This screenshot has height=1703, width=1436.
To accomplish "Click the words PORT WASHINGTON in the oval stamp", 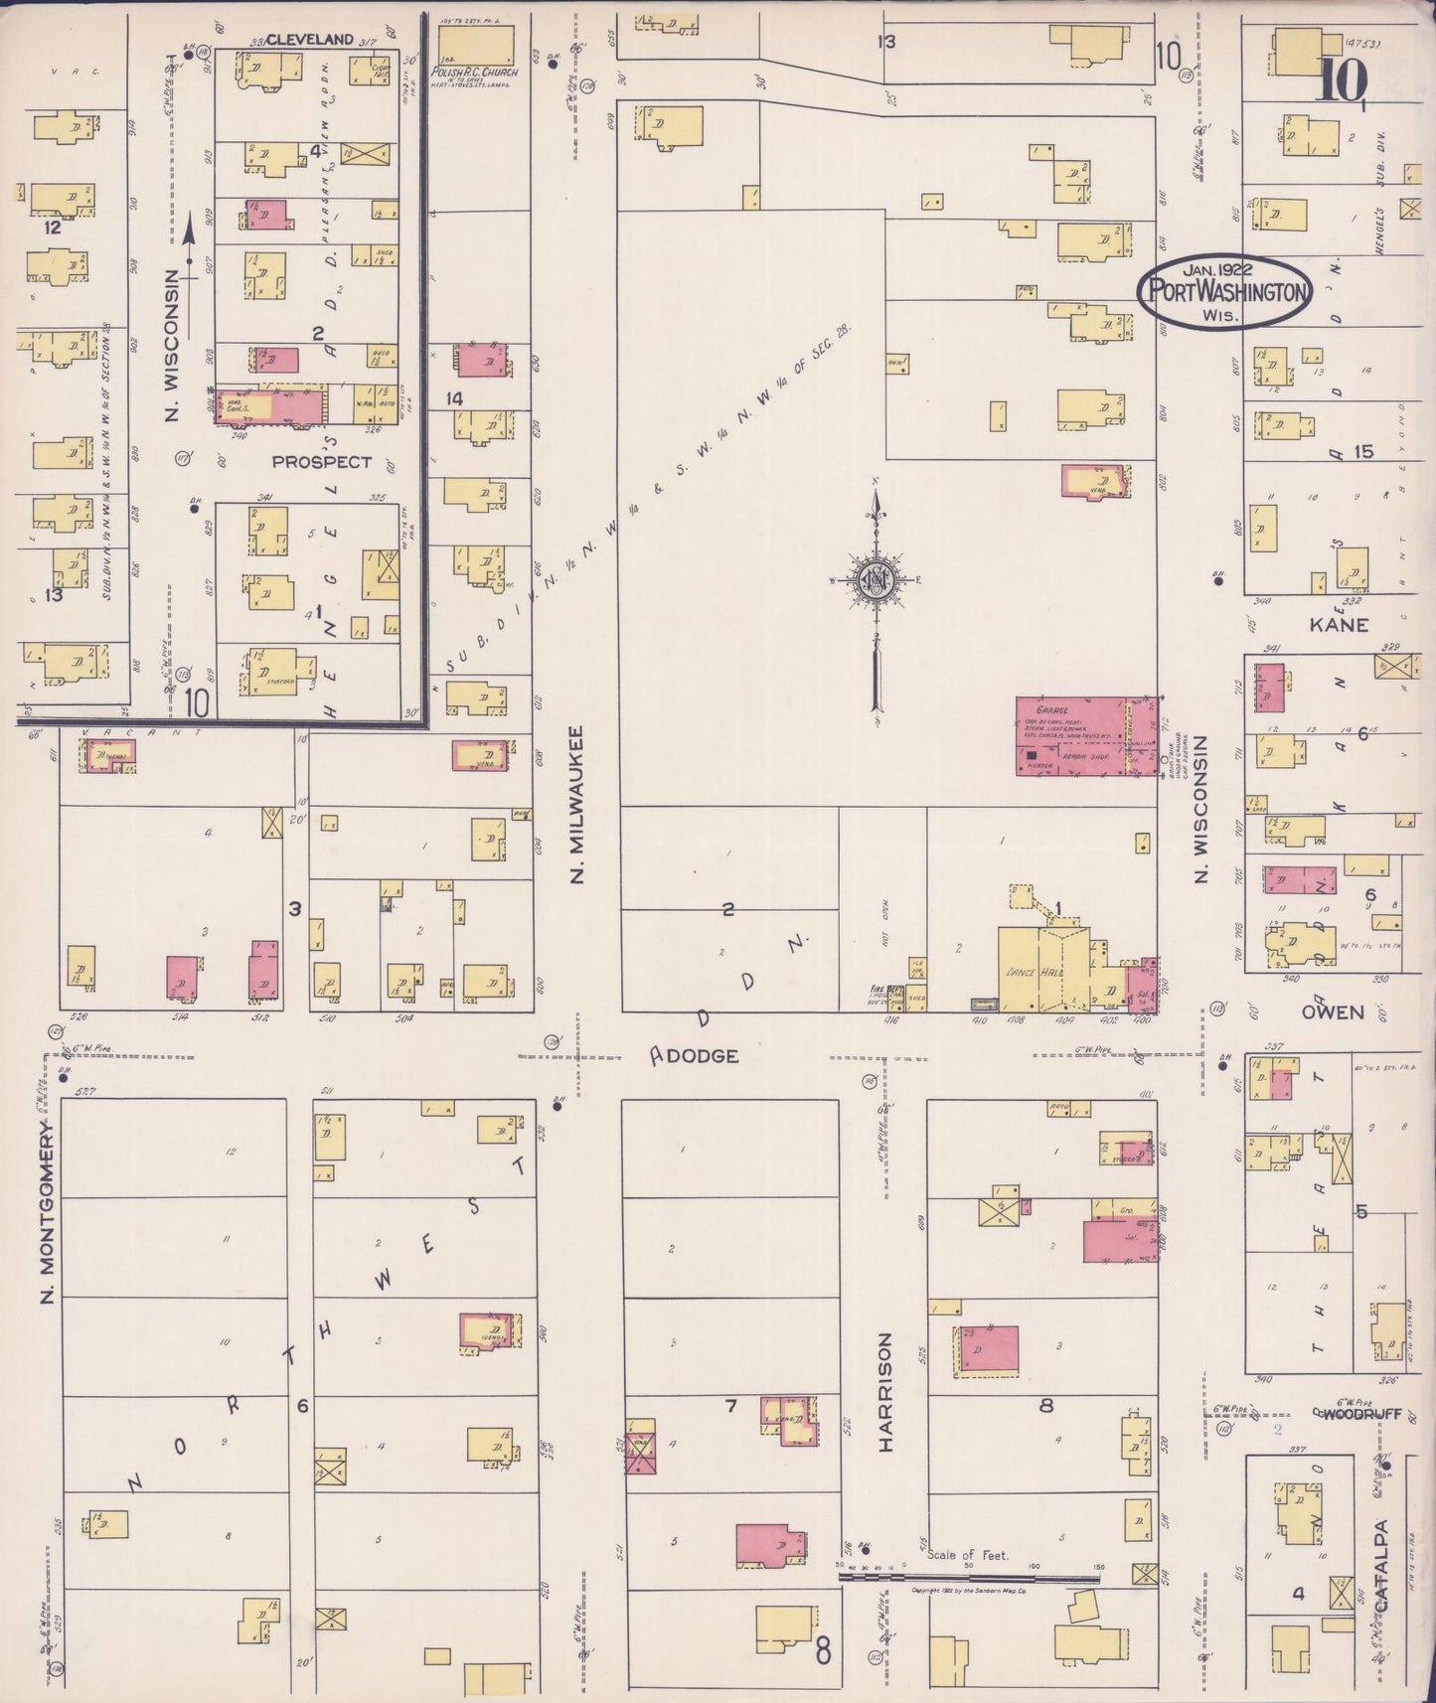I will tap(1224, 291).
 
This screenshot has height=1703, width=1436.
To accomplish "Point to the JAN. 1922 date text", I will tap(1216, 268).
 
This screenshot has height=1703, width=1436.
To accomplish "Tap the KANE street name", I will tap(1338, 624).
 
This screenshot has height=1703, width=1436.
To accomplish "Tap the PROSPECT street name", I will tap(321, 461).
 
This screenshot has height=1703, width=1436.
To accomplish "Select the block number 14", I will tap(454, 398).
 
